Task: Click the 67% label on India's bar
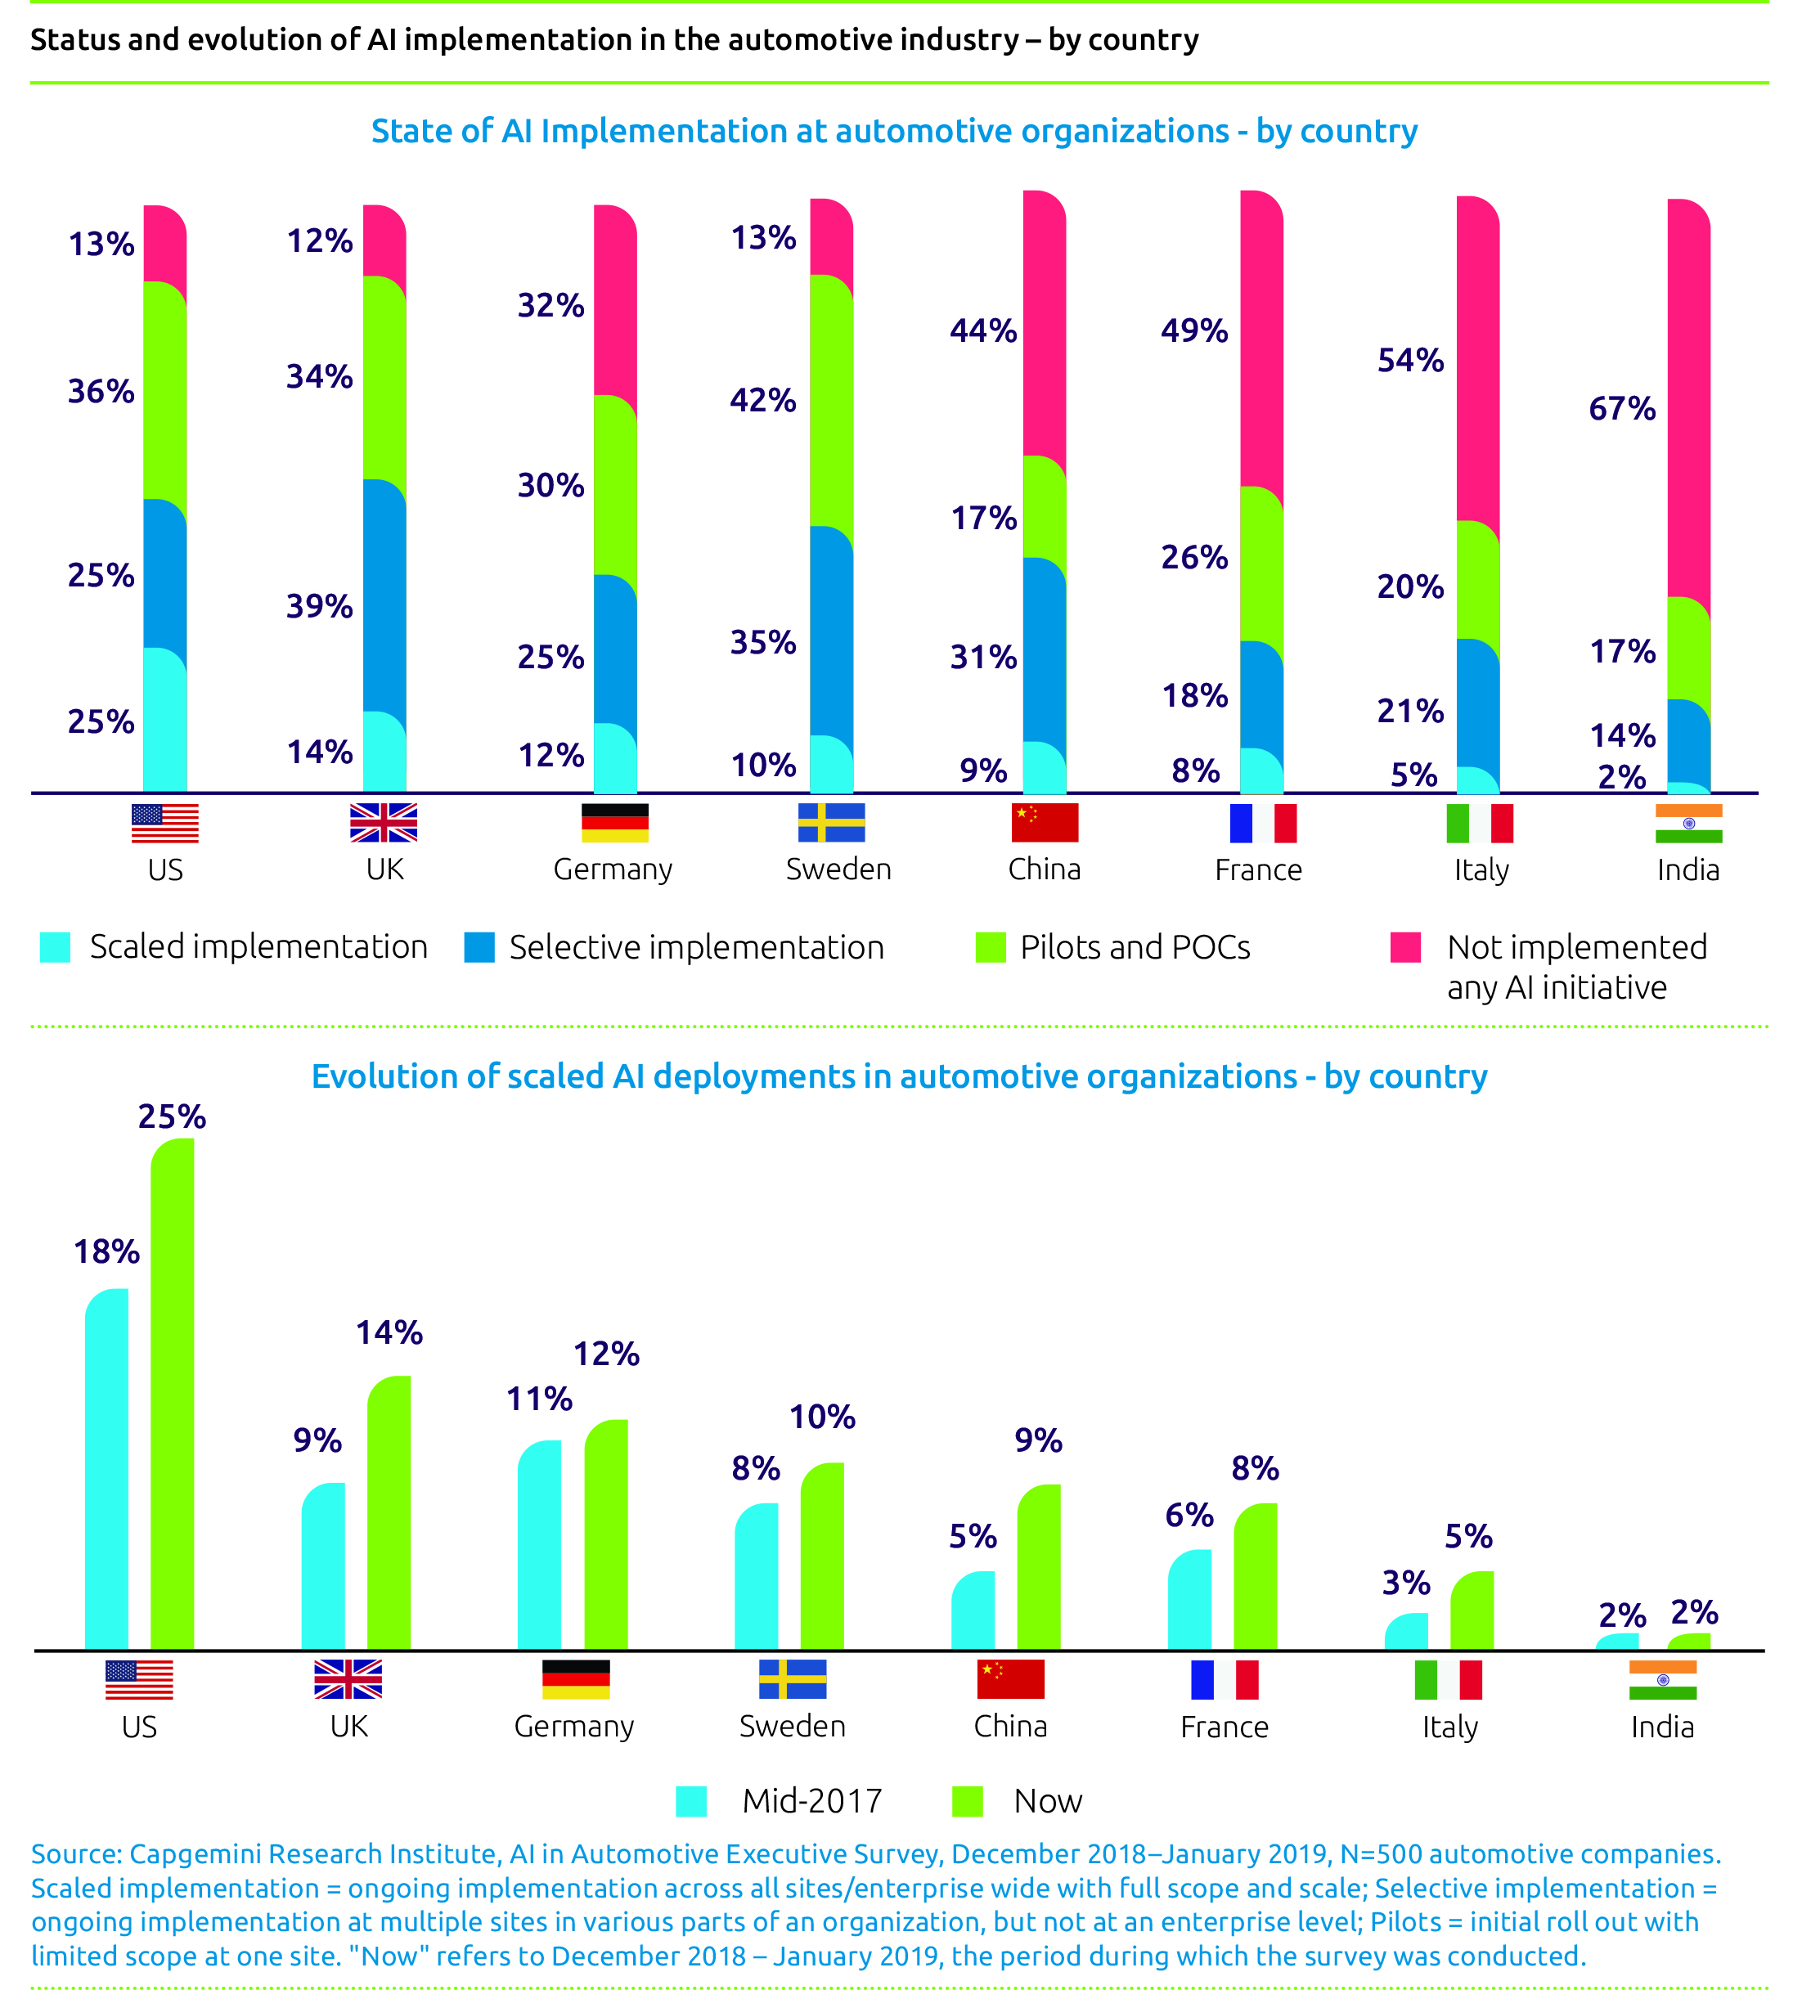pyautogui.click(x=1620, y=409)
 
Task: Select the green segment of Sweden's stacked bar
pyautogui.click(x=831, y=400)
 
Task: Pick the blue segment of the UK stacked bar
pyautogui.click(x=384, y=597)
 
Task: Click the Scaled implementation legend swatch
pyautogui.click(x=56, y=946)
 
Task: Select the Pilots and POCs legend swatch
pyautogui.click(x=990, y=946)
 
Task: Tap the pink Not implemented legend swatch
pyautogui.click(x=1404, y=946)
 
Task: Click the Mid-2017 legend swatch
pyautogui.click(x=691, y=1801)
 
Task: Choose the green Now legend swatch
pyautogui.click(x=967, y=1801)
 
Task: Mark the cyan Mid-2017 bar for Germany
pyautogui.click(x=539, y=1545)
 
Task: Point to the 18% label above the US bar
pyautogui.click(x=106, y=1251)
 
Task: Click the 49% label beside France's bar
pyautogui.click(x=1193, y=330)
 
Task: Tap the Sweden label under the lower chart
pyautogui.click(x=792, y=1727)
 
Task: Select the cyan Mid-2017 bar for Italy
pyautogui.click(x=1405, y=1631)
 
